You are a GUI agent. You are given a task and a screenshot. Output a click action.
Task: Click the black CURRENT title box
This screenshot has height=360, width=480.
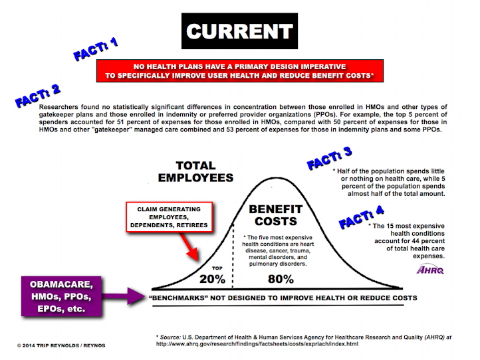coord(239,31)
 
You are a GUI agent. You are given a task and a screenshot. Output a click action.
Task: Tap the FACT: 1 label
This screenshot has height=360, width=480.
coord(96,49)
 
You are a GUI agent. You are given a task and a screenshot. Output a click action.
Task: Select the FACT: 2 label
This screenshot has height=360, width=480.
coord(37,96)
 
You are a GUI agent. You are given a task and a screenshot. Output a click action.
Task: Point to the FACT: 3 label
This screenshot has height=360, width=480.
coord(329,158)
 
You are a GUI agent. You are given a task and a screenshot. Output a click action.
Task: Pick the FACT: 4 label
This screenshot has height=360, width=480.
coord(361,217)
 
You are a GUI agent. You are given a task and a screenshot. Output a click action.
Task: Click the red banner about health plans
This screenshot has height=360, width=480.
coord(240,71)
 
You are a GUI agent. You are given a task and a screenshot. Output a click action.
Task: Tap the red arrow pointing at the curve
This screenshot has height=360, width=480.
coord(189,247)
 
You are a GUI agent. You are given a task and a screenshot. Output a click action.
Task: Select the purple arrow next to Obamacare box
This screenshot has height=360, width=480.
coord(123,296)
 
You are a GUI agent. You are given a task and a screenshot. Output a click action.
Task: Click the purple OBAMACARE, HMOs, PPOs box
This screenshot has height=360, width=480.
coord(61,296)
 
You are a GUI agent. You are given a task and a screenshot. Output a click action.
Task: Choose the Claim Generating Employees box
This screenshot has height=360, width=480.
coord(169,217)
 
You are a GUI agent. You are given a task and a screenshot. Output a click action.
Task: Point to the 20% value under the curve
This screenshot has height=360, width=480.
coord(212,279)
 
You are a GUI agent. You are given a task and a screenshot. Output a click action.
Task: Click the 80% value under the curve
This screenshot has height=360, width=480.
coord(281,279)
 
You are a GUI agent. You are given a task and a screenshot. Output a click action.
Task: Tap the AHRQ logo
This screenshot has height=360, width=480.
coord(430,270)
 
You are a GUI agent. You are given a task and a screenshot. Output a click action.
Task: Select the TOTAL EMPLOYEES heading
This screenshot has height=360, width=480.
coord(195,171)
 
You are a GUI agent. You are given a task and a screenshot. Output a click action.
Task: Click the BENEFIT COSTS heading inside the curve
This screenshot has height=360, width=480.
coord(276,215)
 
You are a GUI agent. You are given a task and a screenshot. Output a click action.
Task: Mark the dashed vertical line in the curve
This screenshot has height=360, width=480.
coord(233,256)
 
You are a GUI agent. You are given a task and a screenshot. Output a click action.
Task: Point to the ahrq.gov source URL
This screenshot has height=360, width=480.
coord(257,344)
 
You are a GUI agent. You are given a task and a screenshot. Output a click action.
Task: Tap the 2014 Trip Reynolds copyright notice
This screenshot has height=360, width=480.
coord(61,345)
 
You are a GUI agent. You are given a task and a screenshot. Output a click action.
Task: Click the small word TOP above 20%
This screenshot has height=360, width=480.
coord(217,268)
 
